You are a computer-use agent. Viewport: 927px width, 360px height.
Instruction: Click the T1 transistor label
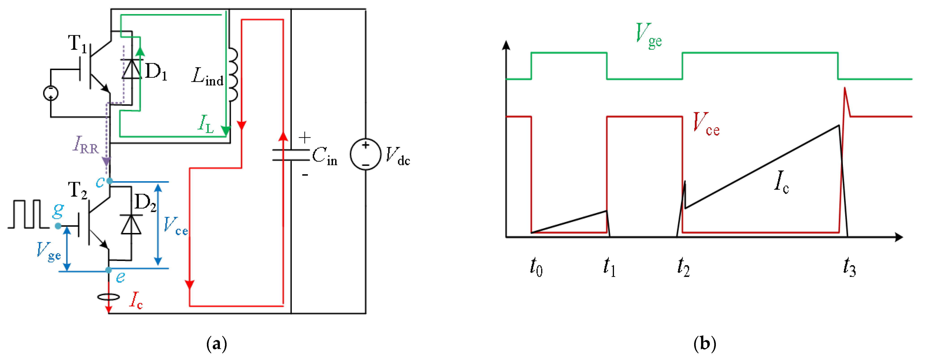point(77,44)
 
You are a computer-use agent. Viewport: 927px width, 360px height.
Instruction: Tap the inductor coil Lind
point(233,75)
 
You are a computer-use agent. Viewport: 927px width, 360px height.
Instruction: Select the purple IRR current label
point(86,145)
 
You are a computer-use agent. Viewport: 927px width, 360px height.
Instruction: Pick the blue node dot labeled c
point(109,181)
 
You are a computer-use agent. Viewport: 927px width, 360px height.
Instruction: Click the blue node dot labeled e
point(108,270)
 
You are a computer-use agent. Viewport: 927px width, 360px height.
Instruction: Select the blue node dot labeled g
point(58,226)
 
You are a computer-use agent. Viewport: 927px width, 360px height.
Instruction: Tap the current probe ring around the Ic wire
point(108,297)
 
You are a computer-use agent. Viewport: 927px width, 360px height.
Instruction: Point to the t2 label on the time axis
point(683,267)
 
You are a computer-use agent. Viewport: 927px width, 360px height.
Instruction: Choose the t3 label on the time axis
point(849,267)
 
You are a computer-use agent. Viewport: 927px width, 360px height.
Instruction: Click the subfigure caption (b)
point(704,344)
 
